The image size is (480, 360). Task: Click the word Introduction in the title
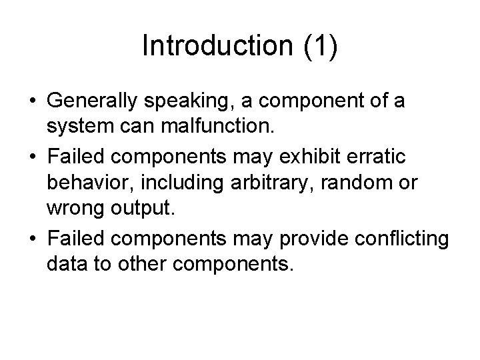tap(217, 46)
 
